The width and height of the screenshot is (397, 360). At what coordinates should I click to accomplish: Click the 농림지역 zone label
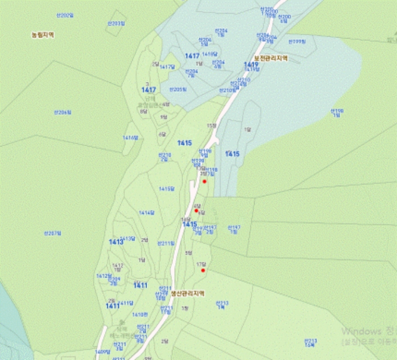coord(43,35)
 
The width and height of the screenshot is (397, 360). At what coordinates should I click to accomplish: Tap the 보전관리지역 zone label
coord(271,58)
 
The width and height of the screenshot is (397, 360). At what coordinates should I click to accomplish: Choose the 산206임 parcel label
coord(63,112)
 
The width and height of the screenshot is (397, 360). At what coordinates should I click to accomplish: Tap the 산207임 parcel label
coord(52,233)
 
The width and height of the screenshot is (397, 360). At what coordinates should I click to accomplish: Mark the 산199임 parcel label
coord(297,41)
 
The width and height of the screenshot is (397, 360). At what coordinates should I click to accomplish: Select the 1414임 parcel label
coord(130,137)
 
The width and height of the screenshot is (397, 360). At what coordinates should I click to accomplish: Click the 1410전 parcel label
coord(140,314)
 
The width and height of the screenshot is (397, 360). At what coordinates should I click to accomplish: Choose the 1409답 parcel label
coord(103,352)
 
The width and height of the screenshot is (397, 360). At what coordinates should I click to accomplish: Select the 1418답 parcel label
coord(210,53)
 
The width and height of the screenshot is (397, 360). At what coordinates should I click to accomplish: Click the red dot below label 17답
coord(203,270)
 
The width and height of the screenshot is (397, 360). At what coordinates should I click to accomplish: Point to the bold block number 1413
coord(116,242)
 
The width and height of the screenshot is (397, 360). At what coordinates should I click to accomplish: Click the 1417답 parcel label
coord(167,67)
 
